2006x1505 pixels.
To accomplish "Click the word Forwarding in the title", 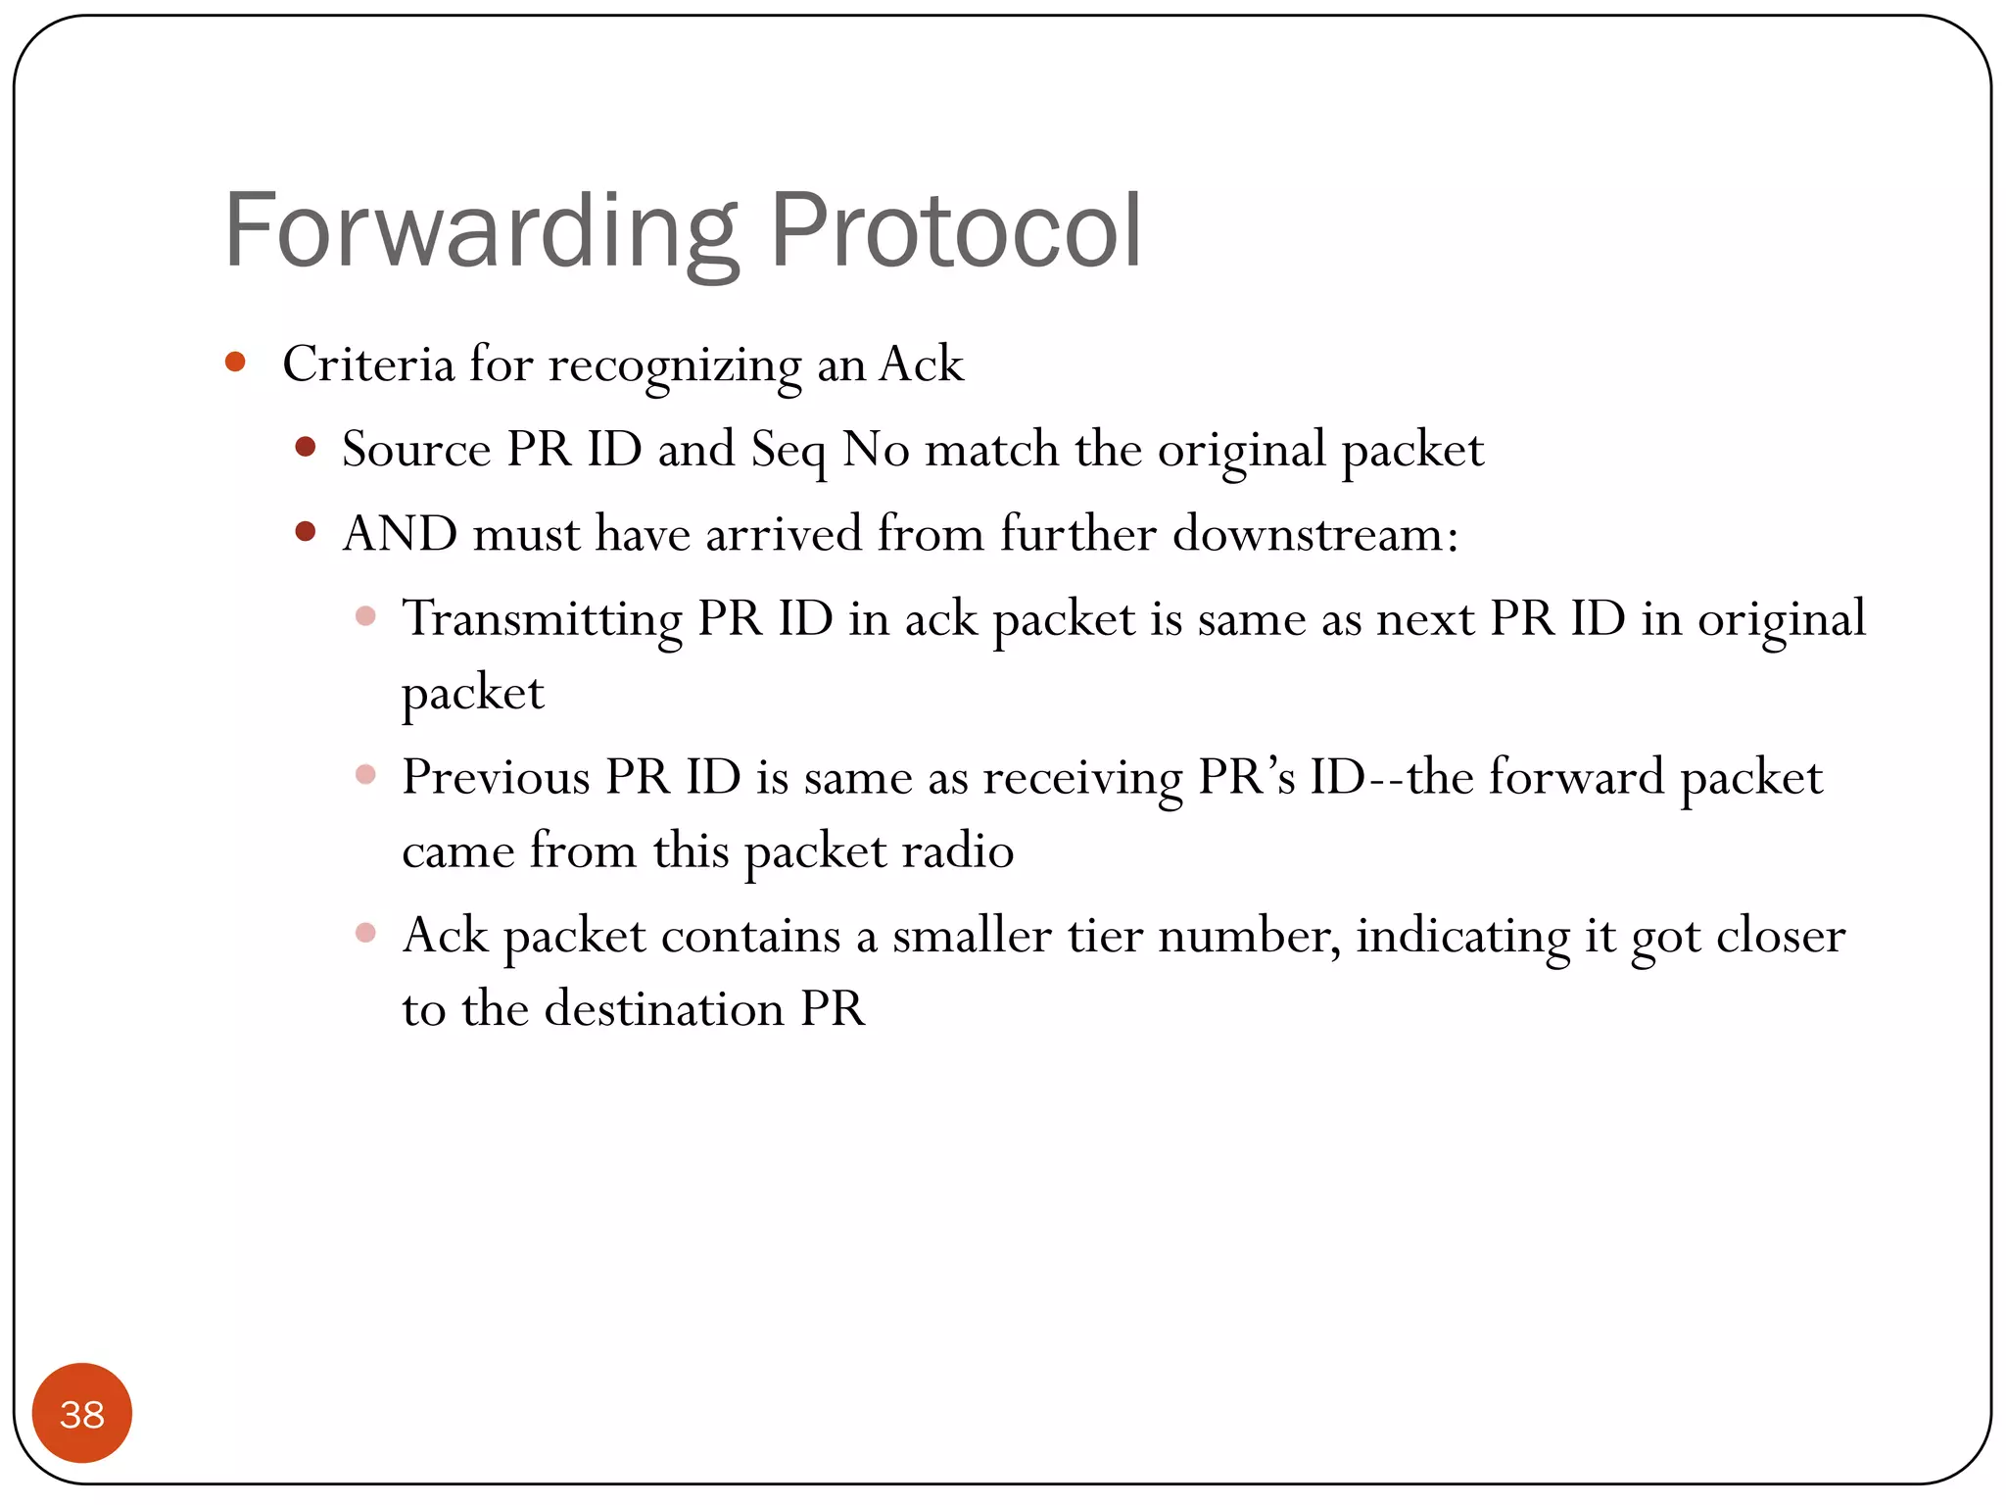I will [481, 231].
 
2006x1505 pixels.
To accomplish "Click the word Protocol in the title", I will [956, 231].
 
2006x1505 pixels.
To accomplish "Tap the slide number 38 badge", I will [82, 1414].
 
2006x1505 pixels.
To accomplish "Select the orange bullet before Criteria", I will [235, 363].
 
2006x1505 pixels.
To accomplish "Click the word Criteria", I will [368, 364].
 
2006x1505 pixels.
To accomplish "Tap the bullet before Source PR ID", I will [306, 448].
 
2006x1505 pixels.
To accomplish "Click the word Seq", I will [788, 451].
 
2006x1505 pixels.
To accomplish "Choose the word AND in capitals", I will [400, 534].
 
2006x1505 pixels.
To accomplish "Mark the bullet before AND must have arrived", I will [306, 532].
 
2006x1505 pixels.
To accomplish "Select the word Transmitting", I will [542, 619].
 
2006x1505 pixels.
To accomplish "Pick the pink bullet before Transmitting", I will [365, 616].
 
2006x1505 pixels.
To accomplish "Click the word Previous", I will [496, 777].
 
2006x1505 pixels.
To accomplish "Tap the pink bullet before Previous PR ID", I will [365, 775].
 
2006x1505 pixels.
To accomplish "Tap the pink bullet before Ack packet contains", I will [365, 933].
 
